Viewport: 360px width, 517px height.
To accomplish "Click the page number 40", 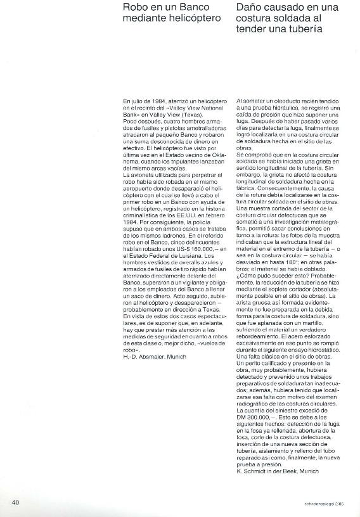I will (16, 502).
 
